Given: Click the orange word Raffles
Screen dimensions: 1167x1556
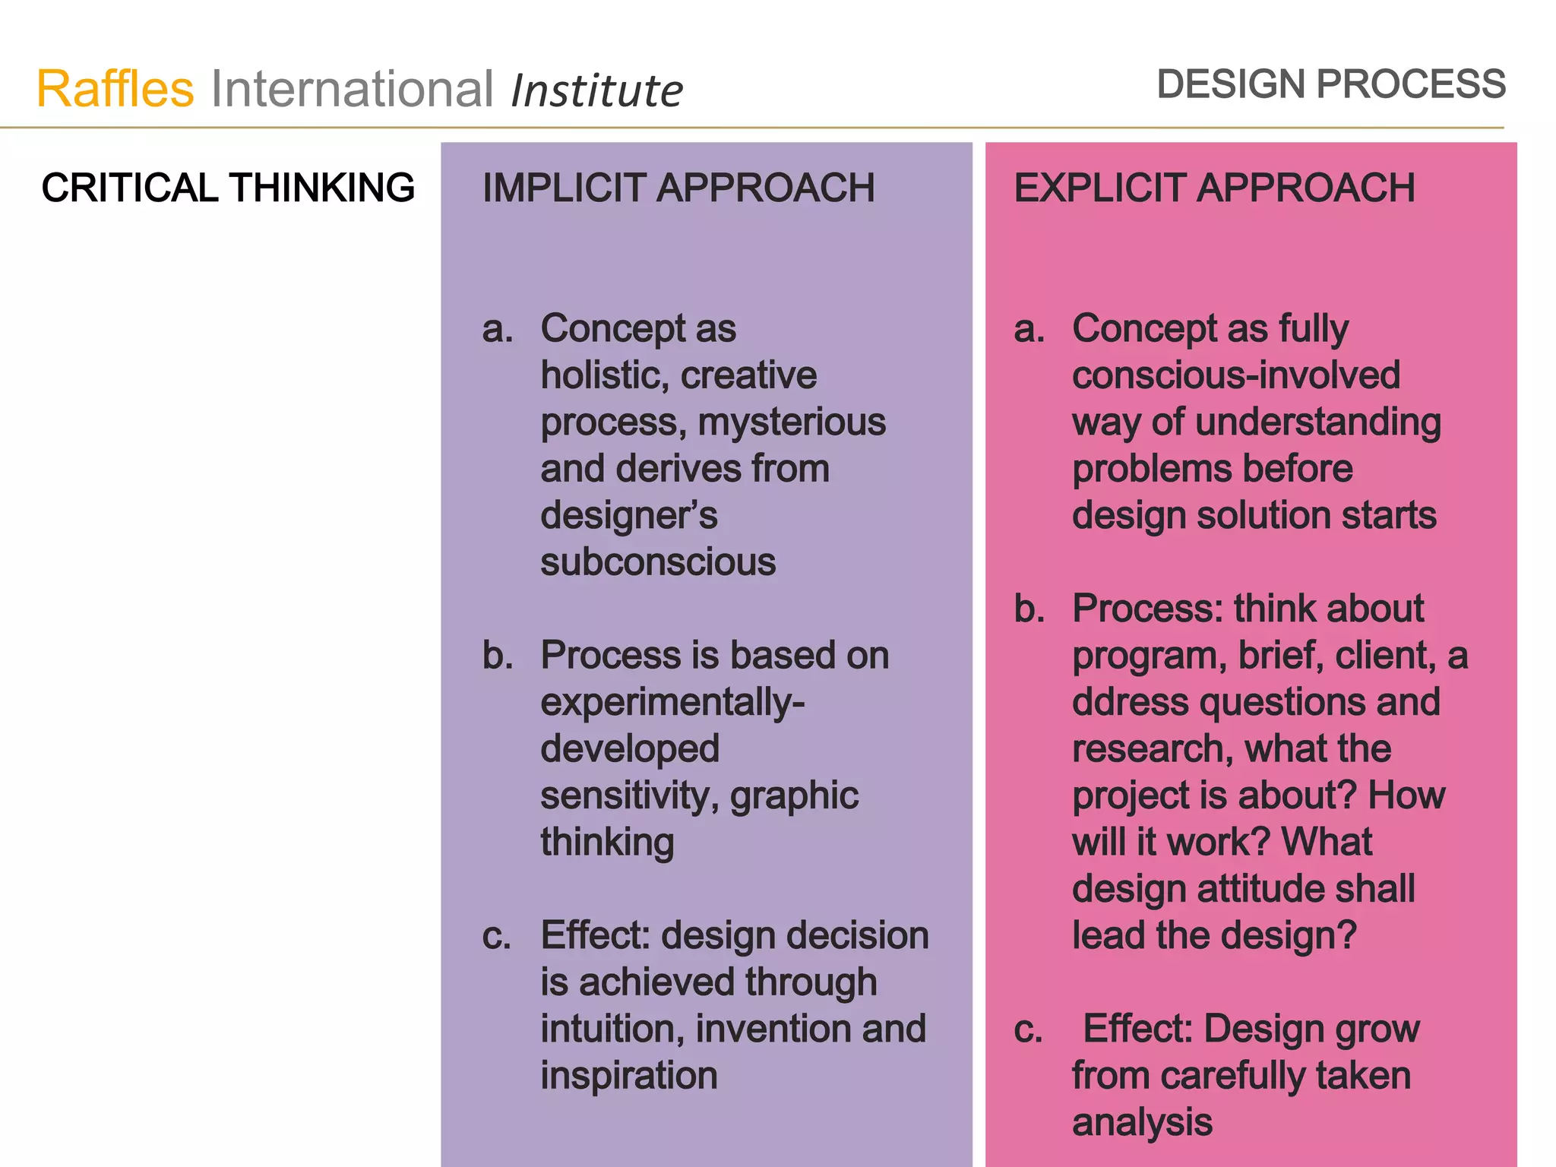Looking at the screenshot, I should [115, 89].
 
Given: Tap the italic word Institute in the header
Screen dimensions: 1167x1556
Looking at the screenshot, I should [596, 91].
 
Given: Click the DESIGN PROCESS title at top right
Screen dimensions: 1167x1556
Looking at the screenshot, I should [1330, 84].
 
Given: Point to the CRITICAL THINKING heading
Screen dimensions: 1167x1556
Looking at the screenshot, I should [228, 188].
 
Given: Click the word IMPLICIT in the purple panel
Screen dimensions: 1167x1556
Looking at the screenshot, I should [563, 188].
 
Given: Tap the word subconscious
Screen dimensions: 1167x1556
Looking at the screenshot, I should [658, 562].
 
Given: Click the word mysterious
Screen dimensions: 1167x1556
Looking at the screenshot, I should [792, 422].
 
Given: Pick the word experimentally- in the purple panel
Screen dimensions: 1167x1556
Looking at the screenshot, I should [672, 702].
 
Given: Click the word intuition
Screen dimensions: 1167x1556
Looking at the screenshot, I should [612, 1029].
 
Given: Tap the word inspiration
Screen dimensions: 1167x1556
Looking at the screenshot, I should [629, 1076].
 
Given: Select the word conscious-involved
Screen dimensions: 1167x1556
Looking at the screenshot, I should [1236, 375].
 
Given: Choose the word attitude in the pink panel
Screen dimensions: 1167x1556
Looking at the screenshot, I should [1244, 889].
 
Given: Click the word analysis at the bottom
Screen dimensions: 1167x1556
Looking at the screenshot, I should [1142, 1122].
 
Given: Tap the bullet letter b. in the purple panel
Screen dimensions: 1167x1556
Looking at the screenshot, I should [498, 655].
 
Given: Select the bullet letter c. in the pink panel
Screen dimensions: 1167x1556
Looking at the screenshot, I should [1028, 1029].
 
